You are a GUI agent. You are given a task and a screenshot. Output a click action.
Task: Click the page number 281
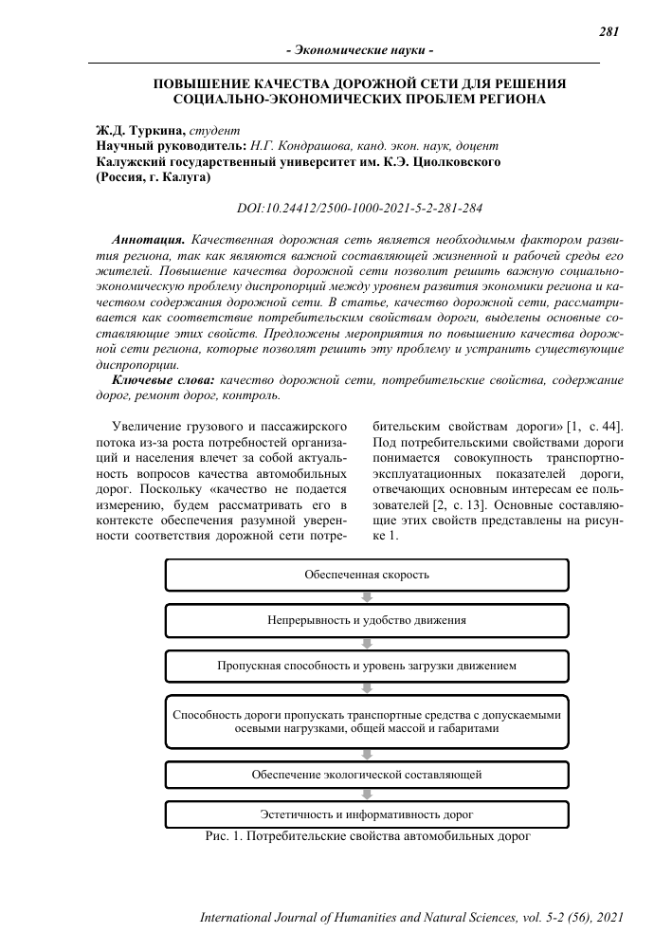coord(609,31)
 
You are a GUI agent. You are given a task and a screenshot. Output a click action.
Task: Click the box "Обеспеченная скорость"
coord(367,575)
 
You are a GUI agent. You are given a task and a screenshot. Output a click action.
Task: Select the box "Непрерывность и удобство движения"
coord(367,620)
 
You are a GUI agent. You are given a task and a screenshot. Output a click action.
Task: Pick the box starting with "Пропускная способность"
coord(367,666)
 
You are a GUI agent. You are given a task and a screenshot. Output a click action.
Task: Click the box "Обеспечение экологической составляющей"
coord(367,775)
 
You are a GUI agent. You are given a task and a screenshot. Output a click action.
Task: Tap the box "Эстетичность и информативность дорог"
coord(367,814)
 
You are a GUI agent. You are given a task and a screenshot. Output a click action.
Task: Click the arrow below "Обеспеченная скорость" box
coord(367,597)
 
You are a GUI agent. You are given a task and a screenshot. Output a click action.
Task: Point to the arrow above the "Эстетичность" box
coord(367,795)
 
